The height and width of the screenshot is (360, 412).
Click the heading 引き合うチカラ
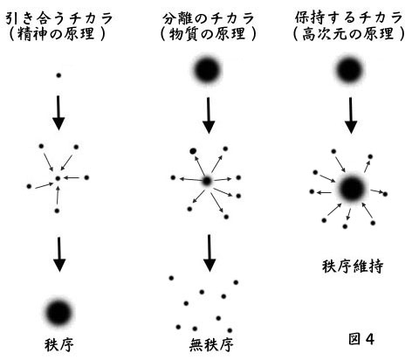(x=59, y=18)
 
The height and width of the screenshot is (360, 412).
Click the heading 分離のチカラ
(x=209, y=18)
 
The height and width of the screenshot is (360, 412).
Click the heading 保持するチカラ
(x=348, y=17)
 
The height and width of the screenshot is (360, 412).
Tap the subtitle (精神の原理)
(x=57, y=34)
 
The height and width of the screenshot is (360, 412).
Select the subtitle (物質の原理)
(x=209, y=34)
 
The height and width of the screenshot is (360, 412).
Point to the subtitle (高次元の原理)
(x=349, y=34)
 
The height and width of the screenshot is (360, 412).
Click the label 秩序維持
(x=353, y=267)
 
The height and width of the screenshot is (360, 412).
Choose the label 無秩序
(x=211, y=344)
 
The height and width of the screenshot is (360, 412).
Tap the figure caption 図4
(x=361, y=339)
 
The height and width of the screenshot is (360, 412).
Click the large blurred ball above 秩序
(x=58, y=313)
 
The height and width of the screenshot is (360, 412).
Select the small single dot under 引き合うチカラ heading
(x=58, y=75)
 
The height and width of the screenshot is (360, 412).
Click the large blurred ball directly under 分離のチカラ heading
(x=207, y=70)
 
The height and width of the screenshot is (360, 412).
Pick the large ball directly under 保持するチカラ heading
(x=349, y=70)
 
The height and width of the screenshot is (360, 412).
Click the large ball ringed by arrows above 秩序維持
(x=352, y=189)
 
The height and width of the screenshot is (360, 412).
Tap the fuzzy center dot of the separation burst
(x=207, y=181)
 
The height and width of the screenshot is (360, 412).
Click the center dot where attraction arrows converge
(x=58, y=178)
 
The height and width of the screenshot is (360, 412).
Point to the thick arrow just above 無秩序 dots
(x=209, y=253)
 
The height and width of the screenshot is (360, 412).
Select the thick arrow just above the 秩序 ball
(x=59, y=254)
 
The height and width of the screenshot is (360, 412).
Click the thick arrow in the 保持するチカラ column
(x=351, y=115)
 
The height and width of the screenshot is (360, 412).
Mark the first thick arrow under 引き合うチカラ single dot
(x=58, y=113)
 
